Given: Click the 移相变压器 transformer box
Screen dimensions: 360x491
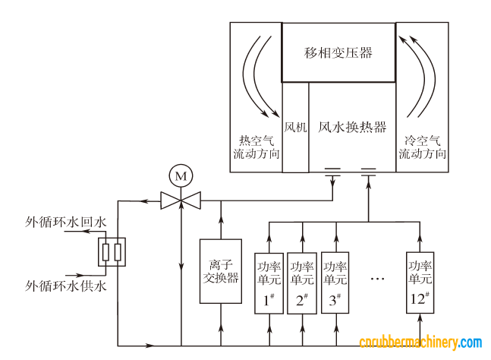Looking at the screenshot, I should point(338,52).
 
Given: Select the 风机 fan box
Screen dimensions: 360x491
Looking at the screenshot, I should point(295,127).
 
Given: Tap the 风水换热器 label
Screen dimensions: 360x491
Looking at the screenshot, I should point(352,127).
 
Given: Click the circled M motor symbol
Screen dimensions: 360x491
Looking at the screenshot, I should point(181,177).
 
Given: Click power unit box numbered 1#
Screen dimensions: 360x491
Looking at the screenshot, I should point(269,281).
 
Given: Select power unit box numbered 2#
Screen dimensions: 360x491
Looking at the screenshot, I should point(303,281).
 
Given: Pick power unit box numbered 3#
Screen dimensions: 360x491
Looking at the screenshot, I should point(335,281).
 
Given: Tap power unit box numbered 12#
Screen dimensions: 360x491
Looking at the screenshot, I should point(420,281).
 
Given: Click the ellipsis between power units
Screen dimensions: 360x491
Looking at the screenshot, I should point(378,279).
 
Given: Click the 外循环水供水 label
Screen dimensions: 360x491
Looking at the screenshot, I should point(66,286).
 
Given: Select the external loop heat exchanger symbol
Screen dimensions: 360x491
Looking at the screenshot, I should point(112,252).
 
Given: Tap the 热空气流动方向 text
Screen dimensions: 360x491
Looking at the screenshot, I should point(257,147).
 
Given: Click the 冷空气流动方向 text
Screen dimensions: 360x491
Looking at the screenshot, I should point(422,147).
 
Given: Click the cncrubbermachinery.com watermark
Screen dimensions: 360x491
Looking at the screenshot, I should point(420,343).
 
